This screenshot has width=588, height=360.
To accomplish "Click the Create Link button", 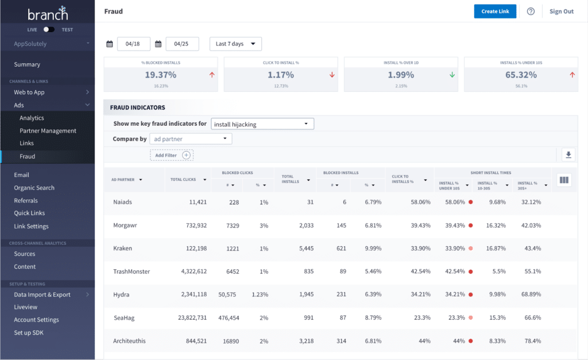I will [x=495, y=11].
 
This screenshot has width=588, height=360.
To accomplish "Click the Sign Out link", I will [x=561, y=11].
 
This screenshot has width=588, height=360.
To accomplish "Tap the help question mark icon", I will [x=531, y=11].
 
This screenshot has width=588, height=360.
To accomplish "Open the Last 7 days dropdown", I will [x=235, y=44].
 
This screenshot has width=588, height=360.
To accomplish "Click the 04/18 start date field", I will [x=133, y=44].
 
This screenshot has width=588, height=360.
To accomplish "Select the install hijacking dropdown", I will [x=262, y=123].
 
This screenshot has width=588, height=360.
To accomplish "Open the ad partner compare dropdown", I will [x=191, y=139].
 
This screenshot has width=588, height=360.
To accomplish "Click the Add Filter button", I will [x=172, y=155].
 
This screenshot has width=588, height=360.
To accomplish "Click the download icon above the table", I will [x=568, y=154].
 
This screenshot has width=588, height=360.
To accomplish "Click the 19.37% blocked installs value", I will [x=160, y=75].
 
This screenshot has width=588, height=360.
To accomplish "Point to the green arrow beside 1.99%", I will [x=452, y=75].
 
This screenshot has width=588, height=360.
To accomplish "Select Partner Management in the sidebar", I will [x=48, y=130].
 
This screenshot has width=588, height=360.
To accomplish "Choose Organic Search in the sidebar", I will [x=34, y=188].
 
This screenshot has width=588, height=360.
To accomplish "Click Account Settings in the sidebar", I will [x=36, y=320].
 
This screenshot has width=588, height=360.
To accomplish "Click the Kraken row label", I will [x=122, y=249].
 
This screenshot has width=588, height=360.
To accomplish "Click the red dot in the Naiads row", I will [x=470, y=202].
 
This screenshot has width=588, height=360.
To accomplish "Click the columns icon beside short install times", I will [x=564, y=180].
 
